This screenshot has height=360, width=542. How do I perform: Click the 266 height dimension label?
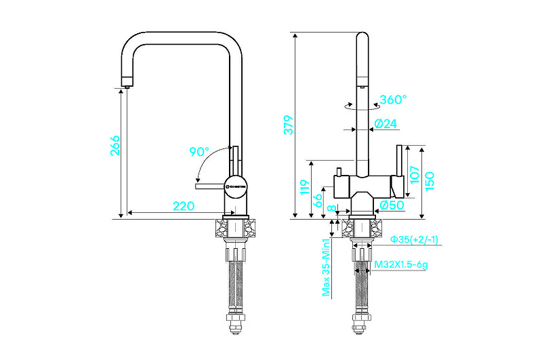pos(114,146)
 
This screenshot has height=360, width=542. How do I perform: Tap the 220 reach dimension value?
pos(184,205)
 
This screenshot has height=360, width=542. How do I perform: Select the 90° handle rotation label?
pos(199,151)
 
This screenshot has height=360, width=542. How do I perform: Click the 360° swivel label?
pos(393,100)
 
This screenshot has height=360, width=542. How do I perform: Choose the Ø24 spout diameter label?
pos(385,123)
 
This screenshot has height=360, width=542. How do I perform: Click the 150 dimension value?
pos(429,180)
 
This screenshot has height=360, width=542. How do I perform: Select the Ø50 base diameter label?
pos(392,205)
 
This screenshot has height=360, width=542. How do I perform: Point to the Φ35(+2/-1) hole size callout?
pos(413,239)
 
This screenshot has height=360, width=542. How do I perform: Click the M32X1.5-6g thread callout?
pos(401,265)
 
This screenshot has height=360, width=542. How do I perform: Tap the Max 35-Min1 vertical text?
pos(326,267)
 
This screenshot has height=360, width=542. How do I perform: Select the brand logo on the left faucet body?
pos(238,184)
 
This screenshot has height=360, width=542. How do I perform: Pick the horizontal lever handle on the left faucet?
pos(209,184)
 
